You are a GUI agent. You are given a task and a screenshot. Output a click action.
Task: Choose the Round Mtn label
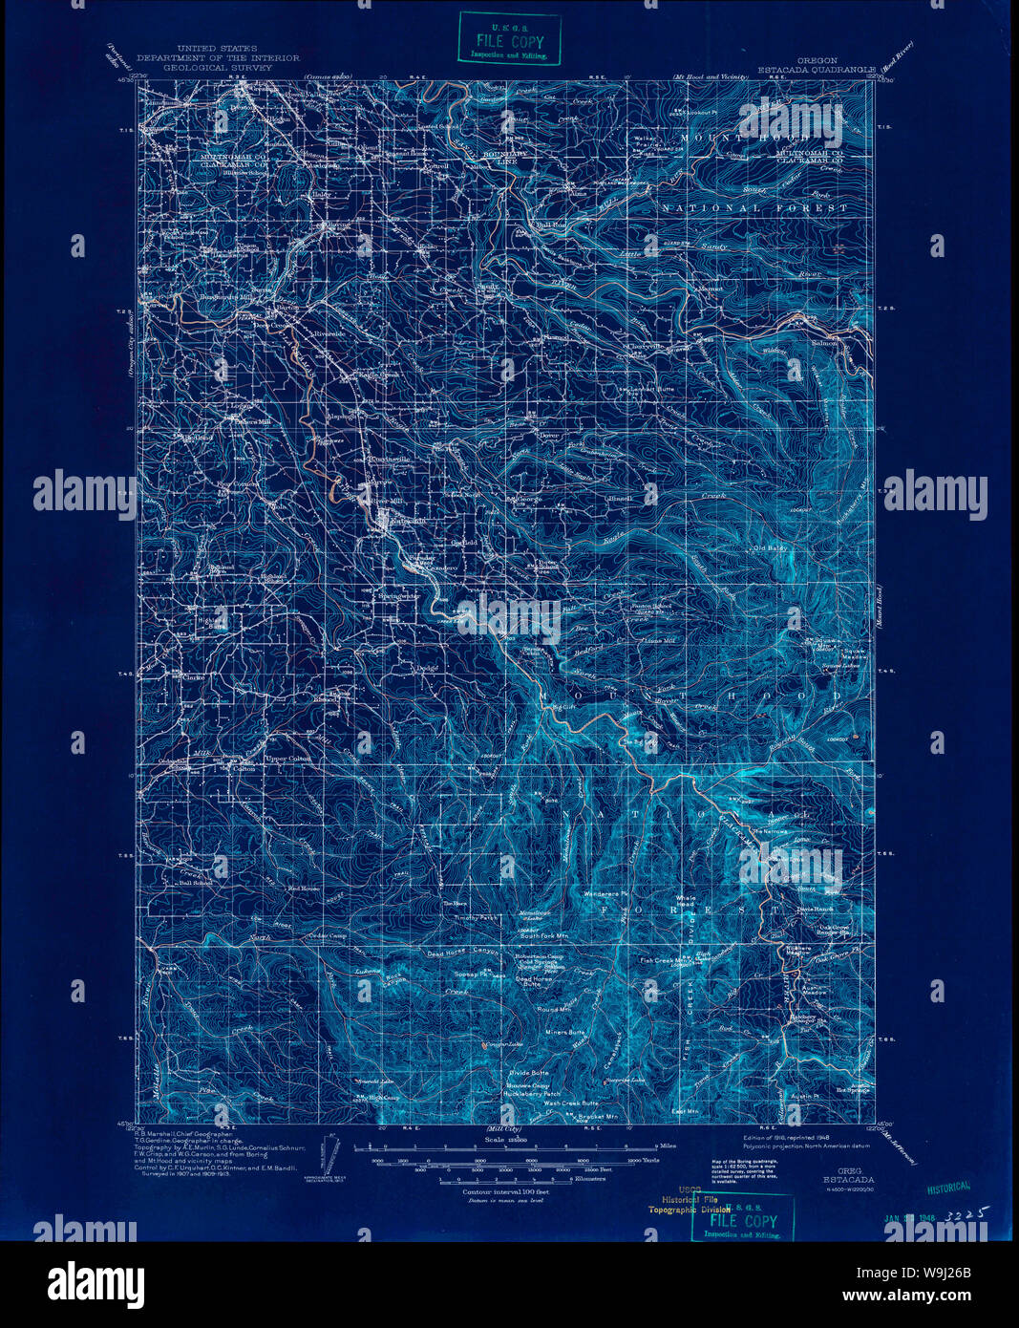tap(554, 1009)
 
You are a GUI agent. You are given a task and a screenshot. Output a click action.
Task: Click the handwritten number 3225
tap(962, 1213)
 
